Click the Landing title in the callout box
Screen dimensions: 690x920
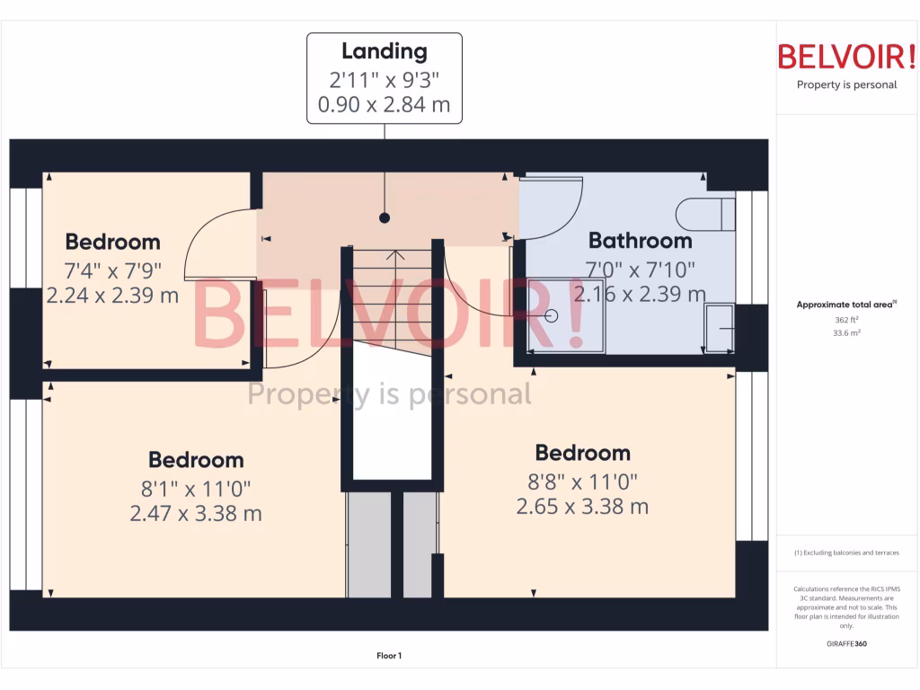pyautogui.click(x=385, y=51)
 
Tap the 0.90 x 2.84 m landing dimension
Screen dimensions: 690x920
pyautogui.click(x=385, y=105)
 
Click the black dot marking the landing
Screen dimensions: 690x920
pyautogui.click(x=385, y=217)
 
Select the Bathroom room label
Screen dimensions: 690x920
pyautogui.click(x=640, y=241)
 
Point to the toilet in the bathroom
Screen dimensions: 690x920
pyautogui.click(x=704, y=215)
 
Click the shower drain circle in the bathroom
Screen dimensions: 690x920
pyautogui.click(x=551, y=315)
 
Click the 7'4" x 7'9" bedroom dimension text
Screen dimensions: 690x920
pyautogui.click(x=112, y=269)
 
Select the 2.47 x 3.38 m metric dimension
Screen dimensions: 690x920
pyautogui.click(x=196, y=514)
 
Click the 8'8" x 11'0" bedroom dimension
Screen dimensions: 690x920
pyautogui.click(x=582, y=482)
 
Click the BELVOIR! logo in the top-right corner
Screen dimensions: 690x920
pyautogui.click(x=846, y=57)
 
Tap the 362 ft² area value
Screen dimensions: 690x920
pyautogui.click(x=846, y=319)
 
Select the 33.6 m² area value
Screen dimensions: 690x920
pyautogui.click(x=846, y=332)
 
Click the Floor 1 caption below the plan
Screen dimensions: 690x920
pyautogui.click(x=389, y=656)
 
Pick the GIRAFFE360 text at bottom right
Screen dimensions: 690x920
pyautogui.click(x=846, y=644)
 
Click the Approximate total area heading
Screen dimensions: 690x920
pyautogui.click(x=845, y=305)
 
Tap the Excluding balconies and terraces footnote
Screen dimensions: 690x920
pyautogui.click(x=846, y=553)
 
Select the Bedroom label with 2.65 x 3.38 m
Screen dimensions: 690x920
pyautogui.click(x=582, y=453)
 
